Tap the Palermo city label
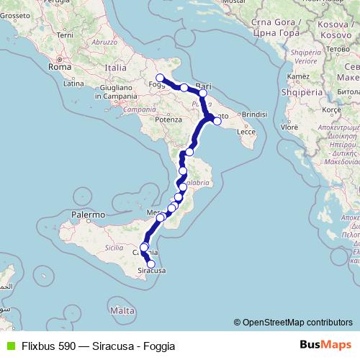[89, 215]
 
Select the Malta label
[123, 310]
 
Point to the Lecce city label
[246, 132]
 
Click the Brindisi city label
[255, 114]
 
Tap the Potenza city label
[166, 119]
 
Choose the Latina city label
[73, 84]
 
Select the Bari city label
[203, 84]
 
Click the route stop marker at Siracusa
[151, 264]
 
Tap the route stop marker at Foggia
[160, 78]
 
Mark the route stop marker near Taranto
[217, 121]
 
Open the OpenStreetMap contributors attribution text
[297, 323]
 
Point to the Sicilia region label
[114, 247]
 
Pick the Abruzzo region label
[104, 42]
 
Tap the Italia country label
[114, 67]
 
